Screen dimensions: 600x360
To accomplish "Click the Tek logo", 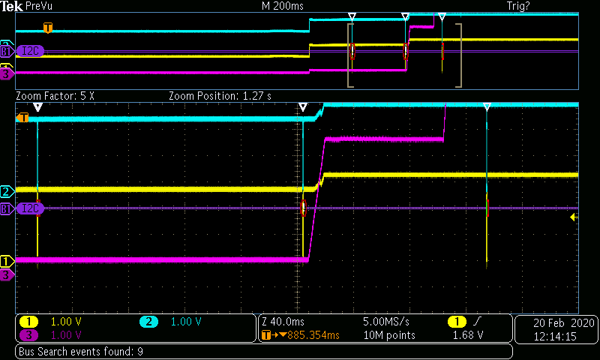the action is pyautogui.click(x=11, y=6).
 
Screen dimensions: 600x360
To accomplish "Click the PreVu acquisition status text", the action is pyautogui.click(x=39, y=6).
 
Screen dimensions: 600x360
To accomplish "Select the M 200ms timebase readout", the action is pyautogui.click(x=283, y=6).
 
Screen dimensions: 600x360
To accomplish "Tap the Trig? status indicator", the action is pyautogui.click(x=518, y=6).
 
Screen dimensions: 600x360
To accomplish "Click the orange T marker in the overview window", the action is pyautogui.click(x=48, y=28).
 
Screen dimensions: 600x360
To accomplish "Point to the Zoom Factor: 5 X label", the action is pyautogui.click(x=55, y=96).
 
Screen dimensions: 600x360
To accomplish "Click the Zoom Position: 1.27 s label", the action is pyautogui.click(x=220, y=96).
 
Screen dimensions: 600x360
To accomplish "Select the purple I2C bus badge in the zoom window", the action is pyautogui.click(x=30, y=208).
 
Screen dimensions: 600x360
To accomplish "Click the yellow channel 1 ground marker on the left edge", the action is pyautogui.click(x=7, y=261).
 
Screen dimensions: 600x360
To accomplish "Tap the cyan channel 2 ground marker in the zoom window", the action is pyautogui.click(x=7, y=191).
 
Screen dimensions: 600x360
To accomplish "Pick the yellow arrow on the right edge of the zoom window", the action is pyautogui.click(x=574, y=217).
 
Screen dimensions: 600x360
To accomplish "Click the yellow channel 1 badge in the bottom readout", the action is pyautogui.click(x=28, y=322).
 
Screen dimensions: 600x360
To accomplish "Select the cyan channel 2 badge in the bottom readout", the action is pyautogui.click(x=148, y=322).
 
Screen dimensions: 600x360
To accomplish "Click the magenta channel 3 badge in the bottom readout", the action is pyautogui.click(x=28, y=335).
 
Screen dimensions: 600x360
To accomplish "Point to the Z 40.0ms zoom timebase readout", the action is pyautogui.click(x=283, y=322).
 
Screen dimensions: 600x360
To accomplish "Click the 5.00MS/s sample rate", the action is pyautogui.click(x=385, y=322).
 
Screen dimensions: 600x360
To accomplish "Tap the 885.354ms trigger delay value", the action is pyautogui.click(x=313, y=335).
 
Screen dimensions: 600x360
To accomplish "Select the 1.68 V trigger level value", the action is pyautogui.click(x=467, y=335).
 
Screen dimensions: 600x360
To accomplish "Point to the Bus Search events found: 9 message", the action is pyautogui.click(x=81, y=352).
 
